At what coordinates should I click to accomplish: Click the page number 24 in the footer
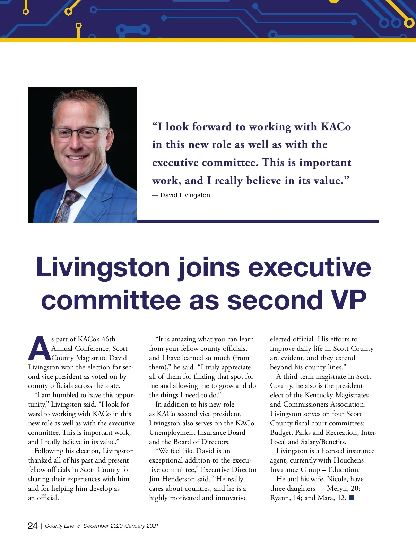33,526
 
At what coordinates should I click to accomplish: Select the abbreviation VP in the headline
348,300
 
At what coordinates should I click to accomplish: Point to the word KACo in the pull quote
336,127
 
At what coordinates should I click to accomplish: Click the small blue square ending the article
351,498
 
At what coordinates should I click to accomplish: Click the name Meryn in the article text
337,488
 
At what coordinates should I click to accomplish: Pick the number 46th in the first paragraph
109,339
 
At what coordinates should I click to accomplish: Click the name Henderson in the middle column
183,479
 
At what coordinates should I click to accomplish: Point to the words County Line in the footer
60,526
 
